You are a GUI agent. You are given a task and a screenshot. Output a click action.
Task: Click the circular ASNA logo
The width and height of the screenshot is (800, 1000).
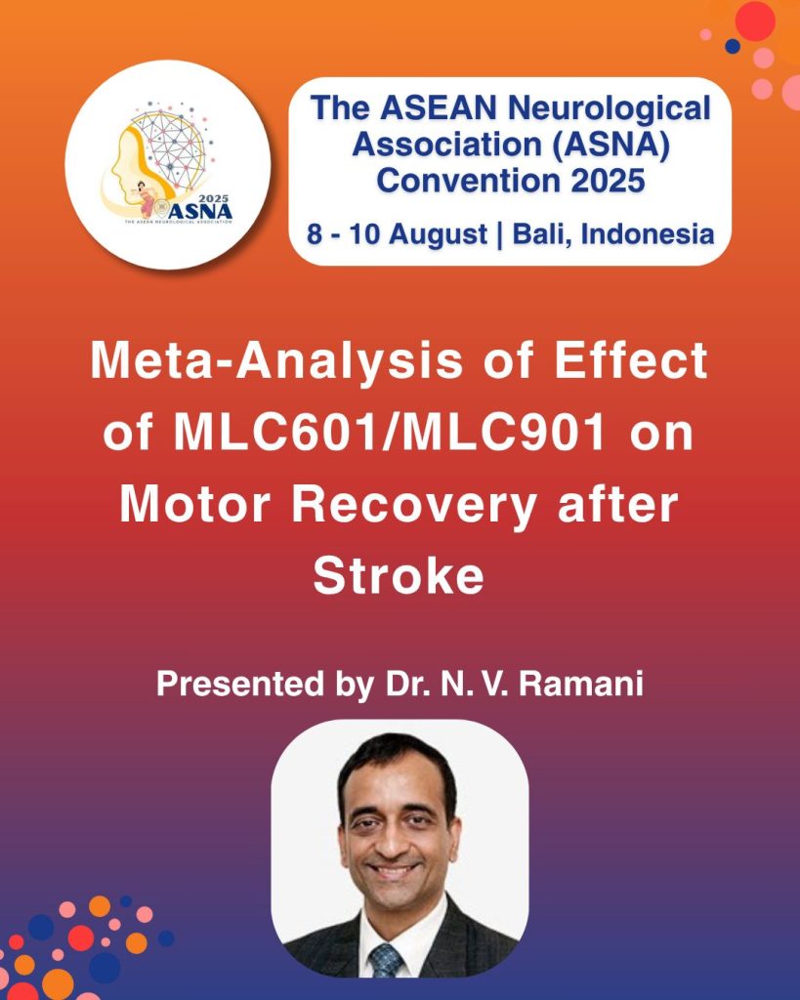(x=167, y=164)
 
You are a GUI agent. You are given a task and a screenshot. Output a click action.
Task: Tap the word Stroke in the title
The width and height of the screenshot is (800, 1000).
(x=399, y=576)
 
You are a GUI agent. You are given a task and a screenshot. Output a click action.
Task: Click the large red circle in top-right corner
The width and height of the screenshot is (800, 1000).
(x=754, y=21)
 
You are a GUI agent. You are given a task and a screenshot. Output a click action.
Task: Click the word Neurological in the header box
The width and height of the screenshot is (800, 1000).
(x=614, y=109)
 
